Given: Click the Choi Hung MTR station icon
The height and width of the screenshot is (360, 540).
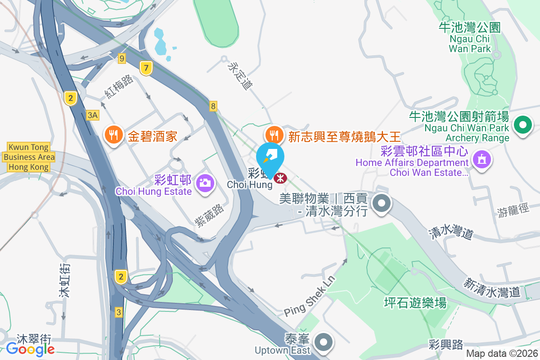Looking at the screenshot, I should (x=280, y=178).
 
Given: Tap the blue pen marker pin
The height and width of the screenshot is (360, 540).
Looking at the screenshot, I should (x=270, y=156).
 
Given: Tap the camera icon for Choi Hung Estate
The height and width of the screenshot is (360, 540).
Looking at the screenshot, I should (x=205, y=183).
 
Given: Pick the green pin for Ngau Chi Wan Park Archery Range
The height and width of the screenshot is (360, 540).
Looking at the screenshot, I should (x=523, y=125).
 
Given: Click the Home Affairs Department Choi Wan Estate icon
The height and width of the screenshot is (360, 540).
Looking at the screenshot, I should (x=481, y=159).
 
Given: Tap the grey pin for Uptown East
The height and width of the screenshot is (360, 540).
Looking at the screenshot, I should (x=324, y=343).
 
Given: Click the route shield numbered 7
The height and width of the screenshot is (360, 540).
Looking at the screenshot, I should (x=145, y=68).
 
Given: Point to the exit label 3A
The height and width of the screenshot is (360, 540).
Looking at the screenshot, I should (x=93, y=115).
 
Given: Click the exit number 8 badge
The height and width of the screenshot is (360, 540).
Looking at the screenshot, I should (x=213, y=106).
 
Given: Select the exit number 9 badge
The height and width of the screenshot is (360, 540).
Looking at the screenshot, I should (x=121, y=58).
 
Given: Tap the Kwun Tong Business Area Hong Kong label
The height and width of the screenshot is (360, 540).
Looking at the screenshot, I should (x=28, y=157).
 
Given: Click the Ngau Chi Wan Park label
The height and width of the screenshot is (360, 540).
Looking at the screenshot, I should (x=470, y=38).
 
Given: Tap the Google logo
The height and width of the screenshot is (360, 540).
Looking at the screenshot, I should (x=30, y=348).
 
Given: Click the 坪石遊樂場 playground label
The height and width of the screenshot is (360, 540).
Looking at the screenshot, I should (x=415, y=302).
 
